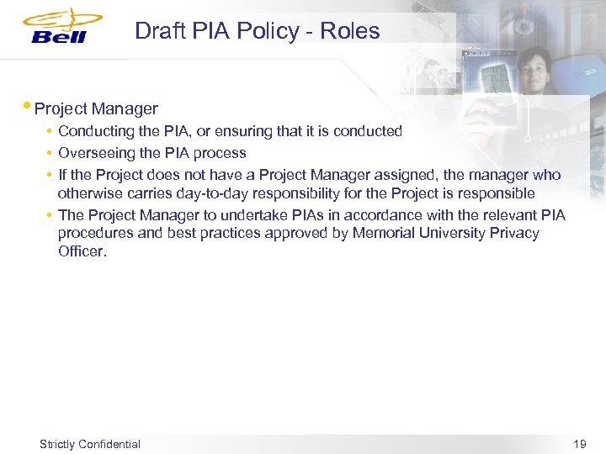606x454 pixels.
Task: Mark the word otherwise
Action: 86,193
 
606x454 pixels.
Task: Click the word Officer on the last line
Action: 82,251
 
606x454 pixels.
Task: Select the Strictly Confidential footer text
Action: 90,444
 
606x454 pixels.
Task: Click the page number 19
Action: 579,444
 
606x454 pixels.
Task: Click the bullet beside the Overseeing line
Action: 50,153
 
